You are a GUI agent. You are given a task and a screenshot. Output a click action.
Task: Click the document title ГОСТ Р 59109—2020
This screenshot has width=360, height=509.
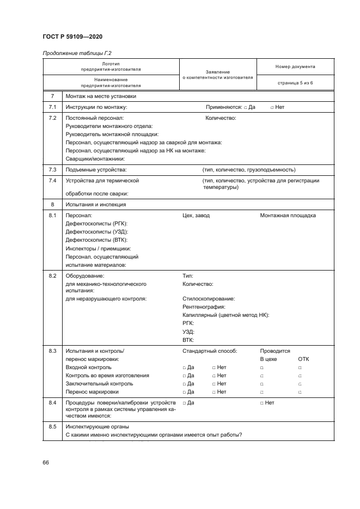click(72, 36)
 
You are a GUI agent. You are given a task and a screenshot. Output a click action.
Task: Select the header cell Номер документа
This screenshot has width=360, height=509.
click(295, 67)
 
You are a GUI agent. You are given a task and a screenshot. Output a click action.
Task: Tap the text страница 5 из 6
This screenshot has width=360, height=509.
click(295, 82)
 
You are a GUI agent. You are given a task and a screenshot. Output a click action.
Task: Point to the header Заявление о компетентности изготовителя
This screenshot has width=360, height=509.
click(218, 75)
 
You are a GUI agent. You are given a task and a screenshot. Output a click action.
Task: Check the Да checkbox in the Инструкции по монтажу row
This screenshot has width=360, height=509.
click(246, 107)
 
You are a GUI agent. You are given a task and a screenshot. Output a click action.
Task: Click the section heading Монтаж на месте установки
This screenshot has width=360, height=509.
click(101, 96)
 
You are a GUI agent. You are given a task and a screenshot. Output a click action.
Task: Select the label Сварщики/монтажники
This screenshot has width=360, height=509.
click(95, 158)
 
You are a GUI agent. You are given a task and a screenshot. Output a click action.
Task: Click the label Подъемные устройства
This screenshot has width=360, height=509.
click(96, 169)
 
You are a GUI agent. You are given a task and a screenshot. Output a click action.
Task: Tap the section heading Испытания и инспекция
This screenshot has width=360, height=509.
click(96, 205)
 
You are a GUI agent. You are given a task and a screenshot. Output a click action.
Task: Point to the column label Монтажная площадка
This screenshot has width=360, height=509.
click(288, 216)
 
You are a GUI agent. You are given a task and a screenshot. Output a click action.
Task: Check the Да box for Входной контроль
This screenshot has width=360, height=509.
click(184, 367)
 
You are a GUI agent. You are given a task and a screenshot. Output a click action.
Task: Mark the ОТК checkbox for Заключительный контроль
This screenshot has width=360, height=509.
click(300, 384)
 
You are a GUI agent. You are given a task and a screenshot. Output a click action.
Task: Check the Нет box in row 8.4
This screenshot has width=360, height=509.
click(262, 403)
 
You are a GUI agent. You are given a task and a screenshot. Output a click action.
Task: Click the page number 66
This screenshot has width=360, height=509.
click(46, 462)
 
